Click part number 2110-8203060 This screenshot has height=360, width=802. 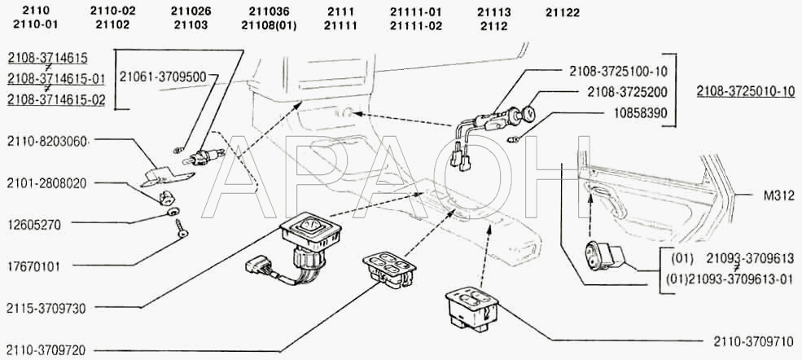(x=46, y=141)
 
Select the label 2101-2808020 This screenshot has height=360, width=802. (x=46, y=183)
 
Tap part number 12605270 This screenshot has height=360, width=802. (x=33, y=225)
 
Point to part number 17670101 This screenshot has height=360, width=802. (x=33, y=266)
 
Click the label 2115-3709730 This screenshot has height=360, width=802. (x=46, y=309)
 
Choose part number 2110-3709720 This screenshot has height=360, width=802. (x=46, y=351)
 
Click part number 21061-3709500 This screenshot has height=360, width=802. (x=163, y=77)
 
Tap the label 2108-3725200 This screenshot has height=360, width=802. (x=627, y=92)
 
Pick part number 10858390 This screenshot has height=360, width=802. (x=640, y=113)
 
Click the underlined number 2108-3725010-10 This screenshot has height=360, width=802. (x=746, y=92)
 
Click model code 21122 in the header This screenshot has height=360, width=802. (x=563, y=13)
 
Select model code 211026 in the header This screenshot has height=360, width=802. (x=191, y=11)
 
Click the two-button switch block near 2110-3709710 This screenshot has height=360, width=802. (x=471, y=308)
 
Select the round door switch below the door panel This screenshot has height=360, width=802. (x=603, y=255)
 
